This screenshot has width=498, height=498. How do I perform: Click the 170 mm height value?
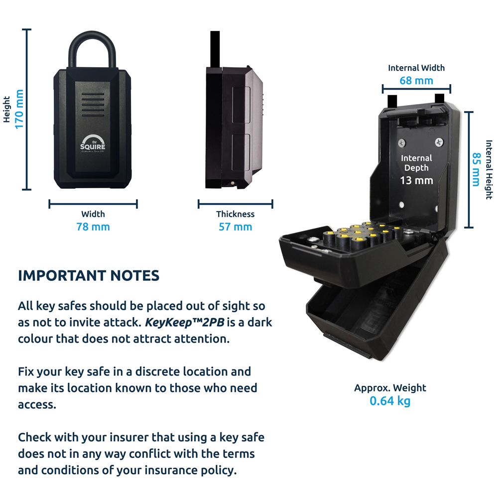[x=19, y=109]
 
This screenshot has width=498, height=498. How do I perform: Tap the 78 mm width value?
[x=93, y=227]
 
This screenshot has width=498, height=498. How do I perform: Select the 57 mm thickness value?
[x=235, y=227]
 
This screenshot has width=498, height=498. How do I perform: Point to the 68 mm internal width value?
[x=416, y=80]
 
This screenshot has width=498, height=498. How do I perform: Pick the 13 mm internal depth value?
[x=417, y=180]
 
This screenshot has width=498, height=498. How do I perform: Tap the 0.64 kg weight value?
[x=390, y=400]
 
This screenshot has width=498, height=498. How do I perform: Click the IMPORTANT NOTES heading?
[x=89, y=276]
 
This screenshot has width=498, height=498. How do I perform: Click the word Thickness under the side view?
[x=235, y=214]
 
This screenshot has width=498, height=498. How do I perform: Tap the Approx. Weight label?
[x=390, y=388]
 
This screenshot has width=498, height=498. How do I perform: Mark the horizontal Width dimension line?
[x=93, y=204]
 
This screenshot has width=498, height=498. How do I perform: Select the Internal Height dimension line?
[x=468, y=169]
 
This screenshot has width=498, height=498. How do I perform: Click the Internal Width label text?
[x=416, y=68]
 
